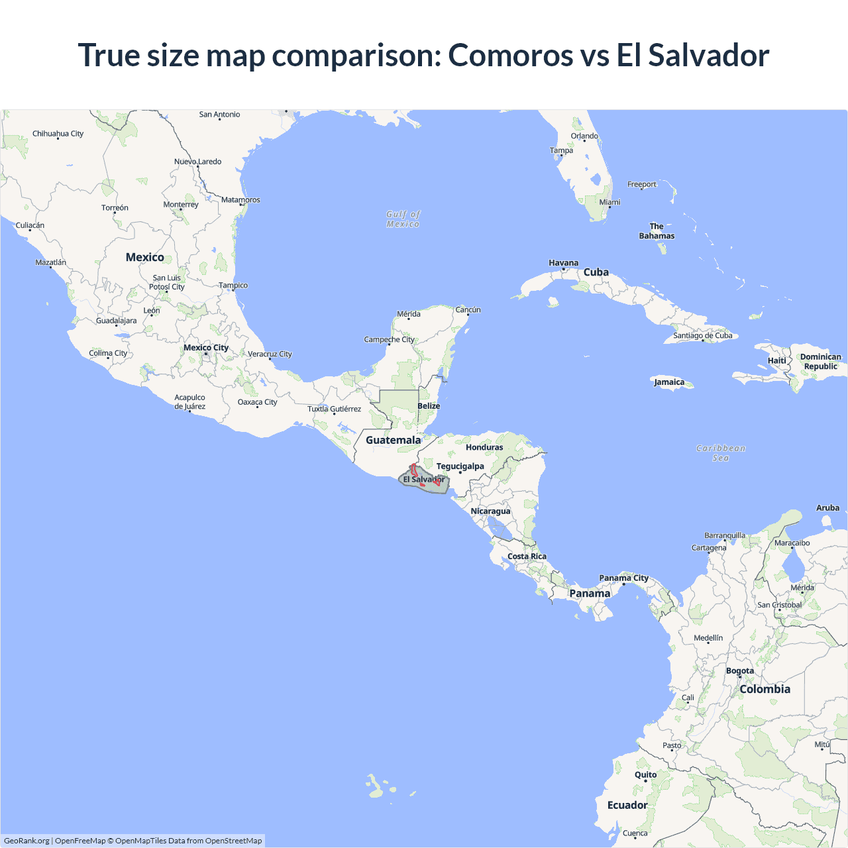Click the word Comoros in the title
[x=510, y=55]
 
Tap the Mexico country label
[x=144, y=257]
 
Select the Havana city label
[x=563, y=263]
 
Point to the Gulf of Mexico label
[x=403, y=219]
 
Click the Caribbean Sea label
[x=721, y=453]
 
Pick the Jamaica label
[x=669, y=382]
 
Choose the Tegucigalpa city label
[x=460, y=466]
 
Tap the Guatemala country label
[x=393, y=440]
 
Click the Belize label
[x=429, y=405]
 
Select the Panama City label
[x=623, y=578]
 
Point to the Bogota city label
[x=739, y=670]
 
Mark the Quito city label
[x=645, y=774]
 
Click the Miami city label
[x=609, y=202]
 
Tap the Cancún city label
[x=468, y=309]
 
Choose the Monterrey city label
[x=181, y=204]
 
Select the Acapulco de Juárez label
[x=189, y=401]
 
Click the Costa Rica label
[x=527, y=556]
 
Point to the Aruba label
[x=827, y=507]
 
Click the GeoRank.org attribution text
[x=26, y=841]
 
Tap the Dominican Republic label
[x=820, y=361]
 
